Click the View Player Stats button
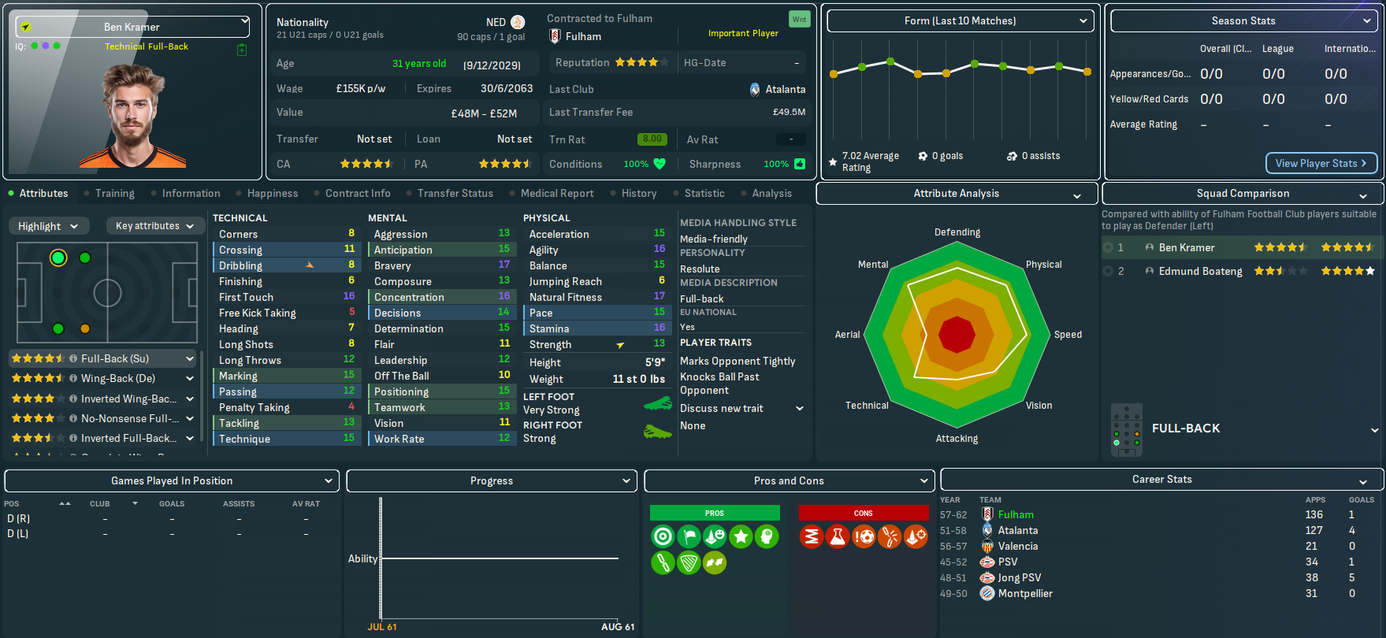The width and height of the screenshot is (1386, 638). [1321, 163]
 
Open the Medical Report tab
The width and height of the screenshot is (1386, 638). [557, 193]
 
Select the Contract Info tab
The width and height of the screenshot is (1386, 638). [358, 193]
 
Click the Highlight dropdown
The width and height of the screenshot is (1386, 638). [48, 226]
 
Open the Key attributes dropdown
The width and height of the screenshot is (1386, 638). [154, 226]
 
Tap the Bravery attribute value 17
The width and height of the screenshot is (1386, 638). [504, 265]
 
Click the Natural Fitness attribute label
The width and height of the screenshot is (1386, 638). [566, 297]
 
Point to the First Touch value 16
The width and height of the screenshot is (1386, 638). [349, 296]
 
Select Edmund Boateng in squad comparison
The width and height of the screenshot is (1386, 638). [1200, 271]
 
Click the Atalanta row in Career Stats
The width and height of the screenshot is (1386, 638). [1018, 530]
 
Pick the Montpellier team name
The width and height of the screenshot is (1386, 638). [1025, 593]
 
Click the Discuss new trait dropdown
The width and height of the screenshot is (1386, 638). [741, 408]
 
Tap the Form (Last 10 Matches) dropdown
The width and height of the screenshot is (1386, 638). [960, 21]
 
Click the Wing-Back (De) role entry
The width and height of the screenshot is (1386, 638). [118, 378]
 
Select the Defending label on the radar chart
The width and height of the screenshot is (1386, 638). [957, 232]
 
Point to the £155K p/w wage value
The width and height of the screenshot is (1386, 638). [360, 89]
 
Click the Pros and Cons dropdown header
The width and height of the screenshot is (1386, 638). [789, 480]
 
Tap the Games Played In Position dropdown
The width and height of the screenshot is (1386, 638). [172, 480]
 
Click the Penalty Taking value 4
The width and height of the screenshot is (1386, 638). [351, 406]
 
